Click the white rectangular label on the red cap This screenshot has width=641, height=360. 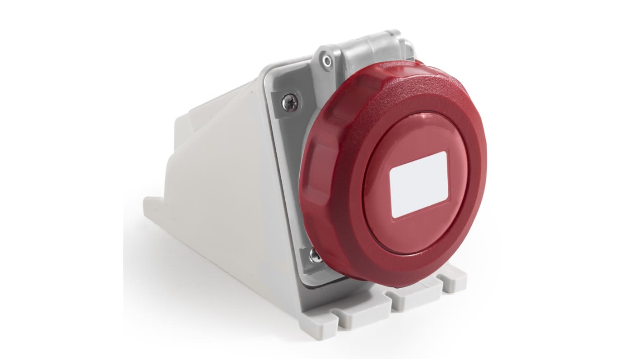tap(418, 185)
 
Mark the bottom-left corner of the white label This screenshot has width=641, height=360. tap(393, 217)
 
